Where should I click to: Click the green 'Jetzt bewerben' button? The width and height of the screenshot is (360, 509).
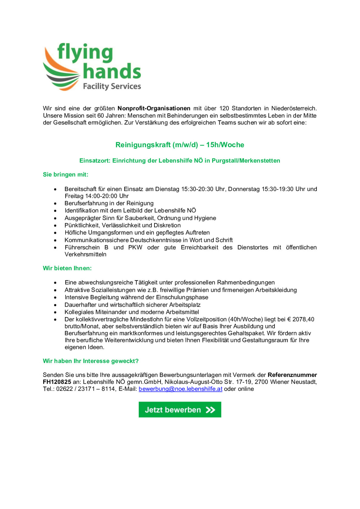click(x=180, y=409)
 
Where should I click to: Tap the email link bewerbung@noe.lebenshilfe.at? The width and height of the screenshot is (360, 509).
click(x=180, y=389)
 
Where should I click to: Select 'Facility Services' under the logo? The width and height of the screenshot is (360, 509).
click(x=112, y=86)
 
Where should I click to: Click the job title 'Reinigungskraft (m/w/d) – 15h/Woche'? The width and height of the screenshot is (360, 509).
click(x=180, y=145)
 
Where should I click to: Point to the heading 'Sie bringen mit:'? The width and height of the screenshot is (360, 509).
click(x=66, y=175)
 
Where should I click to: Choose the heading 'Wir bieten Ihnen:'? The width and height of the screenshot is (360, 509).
click(x=67, y=268)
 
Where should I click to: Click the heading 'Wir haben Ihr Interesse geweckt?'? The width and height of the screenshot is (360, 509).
click(x=91, y=361)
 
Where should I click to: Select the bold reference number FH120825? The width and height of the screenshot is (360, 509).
click(x=57, y=382)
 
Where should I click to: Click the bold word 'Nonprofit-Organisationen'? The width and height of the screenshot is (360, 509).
click(x=154, y=108)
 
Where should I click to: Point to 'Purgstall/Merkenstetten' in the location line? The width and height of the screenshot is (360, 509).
click(x=246, y=161)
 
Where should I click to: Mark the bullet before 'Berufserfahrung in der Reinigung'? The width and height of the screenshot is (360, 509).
click(x=55, y=204)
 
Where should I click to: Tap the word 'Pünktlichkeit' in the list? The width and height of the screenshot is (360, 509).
click(x=82, y=225)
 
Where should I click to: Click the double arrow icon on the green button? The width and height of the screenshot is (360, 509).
click(x=210, y=410)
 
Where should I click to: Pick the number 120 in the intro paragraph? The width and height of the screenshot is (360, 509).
click(x=224, y=108)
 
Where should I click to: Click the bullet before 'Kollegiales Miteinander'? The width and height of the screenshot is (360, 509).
click(x=55, y=312)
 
